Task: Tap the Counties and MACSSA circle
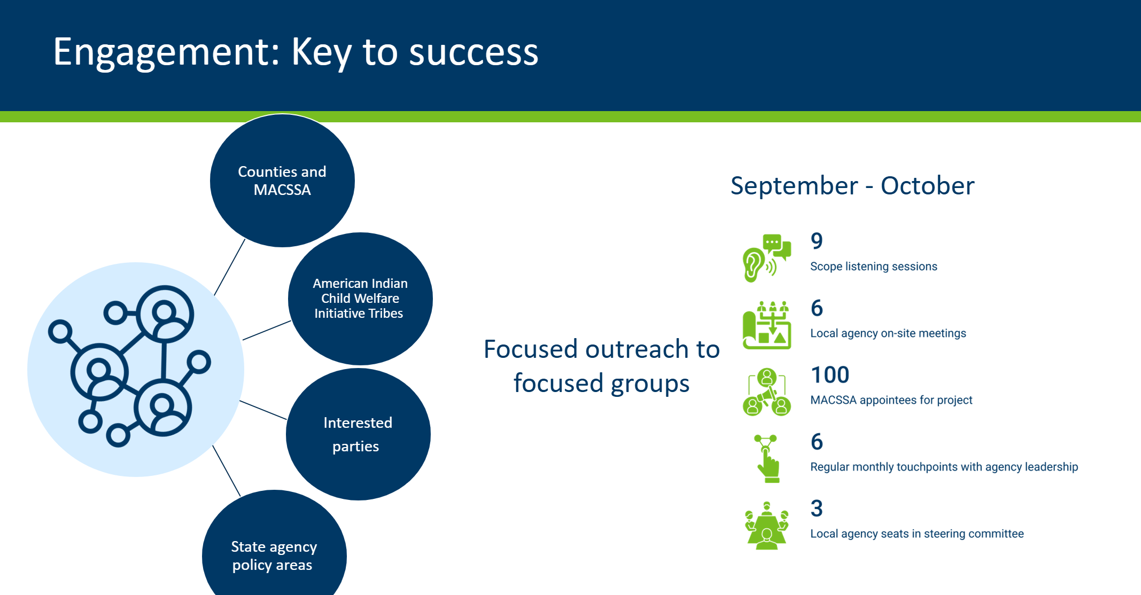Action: (x=282, y=181)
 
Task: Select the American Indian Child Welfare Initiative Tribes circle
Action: (x=360, y=299)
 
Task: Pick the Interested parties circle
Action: (x=358, y=434)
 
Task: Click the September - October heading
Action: (x=852, y=186)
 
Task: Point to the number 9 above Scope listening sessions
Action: (x=817, y=241)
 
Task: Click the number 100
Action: (x=830, y=375)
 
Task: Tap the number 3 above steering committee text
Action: (x=817, y=508)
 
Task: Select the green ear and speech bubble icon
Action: (x=766, y=258)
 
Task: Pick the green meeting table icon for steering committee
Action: (x=767, y=526)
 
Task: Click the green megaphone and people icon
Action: (x=767, y=392)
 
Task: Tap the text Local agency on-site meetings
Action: (x=888, y=333)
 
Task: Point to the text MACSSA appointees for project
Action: (x=891, y=400)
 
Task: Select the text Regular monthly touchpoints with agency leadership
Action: (x=944, y=467)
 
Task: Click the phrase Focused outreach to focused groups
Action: (x=602, y=366)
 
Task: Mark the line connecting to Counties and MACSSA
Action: (x=230, y=267)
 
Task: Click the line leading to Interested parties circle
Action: (x=263, y=410)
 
